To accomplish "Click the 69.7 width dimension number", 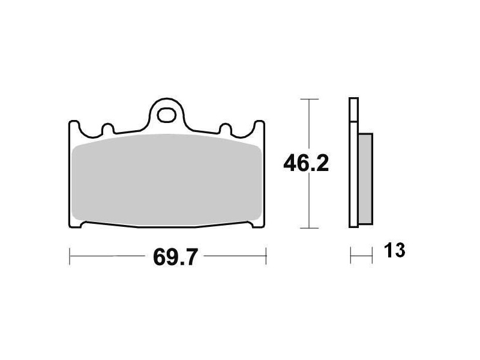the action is coord(175,257).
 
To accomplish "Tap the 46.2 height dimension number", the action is coord(306,163).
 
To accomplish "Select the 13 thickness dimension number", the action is coord(394,251).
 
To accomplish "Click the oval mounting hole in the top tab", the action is coord(166,115).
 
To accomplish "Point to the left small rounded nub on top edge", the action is coord(107,128).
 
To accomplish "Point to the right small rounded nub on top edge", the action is coord(226,128).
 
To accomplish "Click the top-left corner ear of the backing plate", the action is coord(74,125).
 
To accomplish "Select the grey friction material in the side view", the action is coord(365,179).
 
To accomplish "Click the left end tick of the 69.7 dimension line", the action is coord(70,256).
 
